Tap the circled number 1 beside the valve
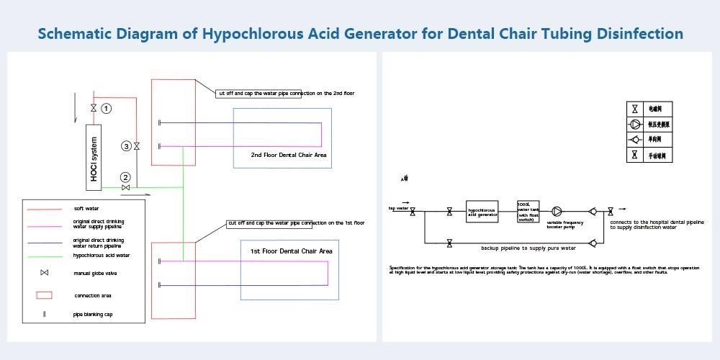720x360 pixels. coord(107,108)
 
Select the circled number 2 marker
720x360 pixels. coord(125,177)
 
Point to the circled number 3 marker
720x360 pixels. coord(127,146)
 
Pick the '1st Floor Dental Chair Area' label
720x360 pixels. coord(291,251)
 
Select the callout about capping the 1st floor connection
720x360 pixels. coord(295,223)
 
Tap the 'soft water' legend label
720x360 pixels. coord(86,209)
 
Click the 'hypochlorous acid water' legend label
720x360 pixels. coord(102,255)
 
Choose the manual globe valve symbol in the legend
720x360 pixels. coord(44,273)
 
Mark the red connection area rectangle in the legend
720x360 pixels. coord(44,295)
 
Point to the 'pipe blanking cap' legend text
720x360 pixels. coord(93,314)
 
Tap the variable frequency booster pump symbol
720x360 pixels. coord(557,212)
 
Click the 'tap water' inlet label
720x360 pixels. coord(398,208)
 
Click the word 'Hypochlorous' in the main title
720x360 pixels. coord(257,33)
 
